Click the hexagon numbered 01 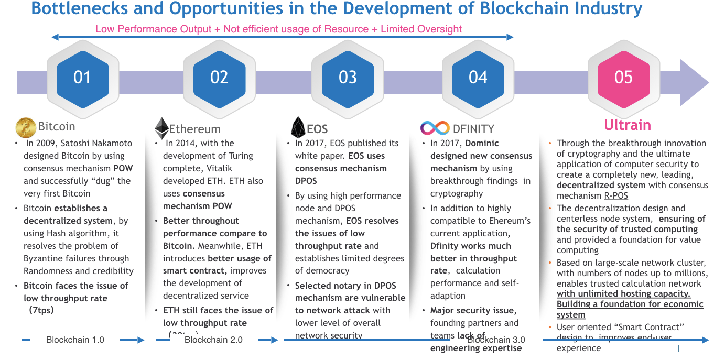82,78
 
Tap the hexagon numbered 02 219,78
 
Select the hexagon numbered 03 348,78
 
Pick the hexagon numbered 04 478,78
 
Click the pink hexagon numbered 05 623,78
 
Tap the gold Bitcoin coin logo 26,127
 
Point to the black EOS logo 298,128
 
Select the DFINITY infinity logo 435,128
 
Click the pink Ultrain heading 627,125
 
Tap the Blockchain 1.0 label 75,340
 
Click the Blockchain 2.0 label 213,340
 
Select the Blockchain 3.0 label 496,340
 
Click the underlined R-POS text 616,196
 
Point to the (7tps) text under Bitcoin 41,310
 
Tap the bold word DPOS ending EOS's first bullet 306,181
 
